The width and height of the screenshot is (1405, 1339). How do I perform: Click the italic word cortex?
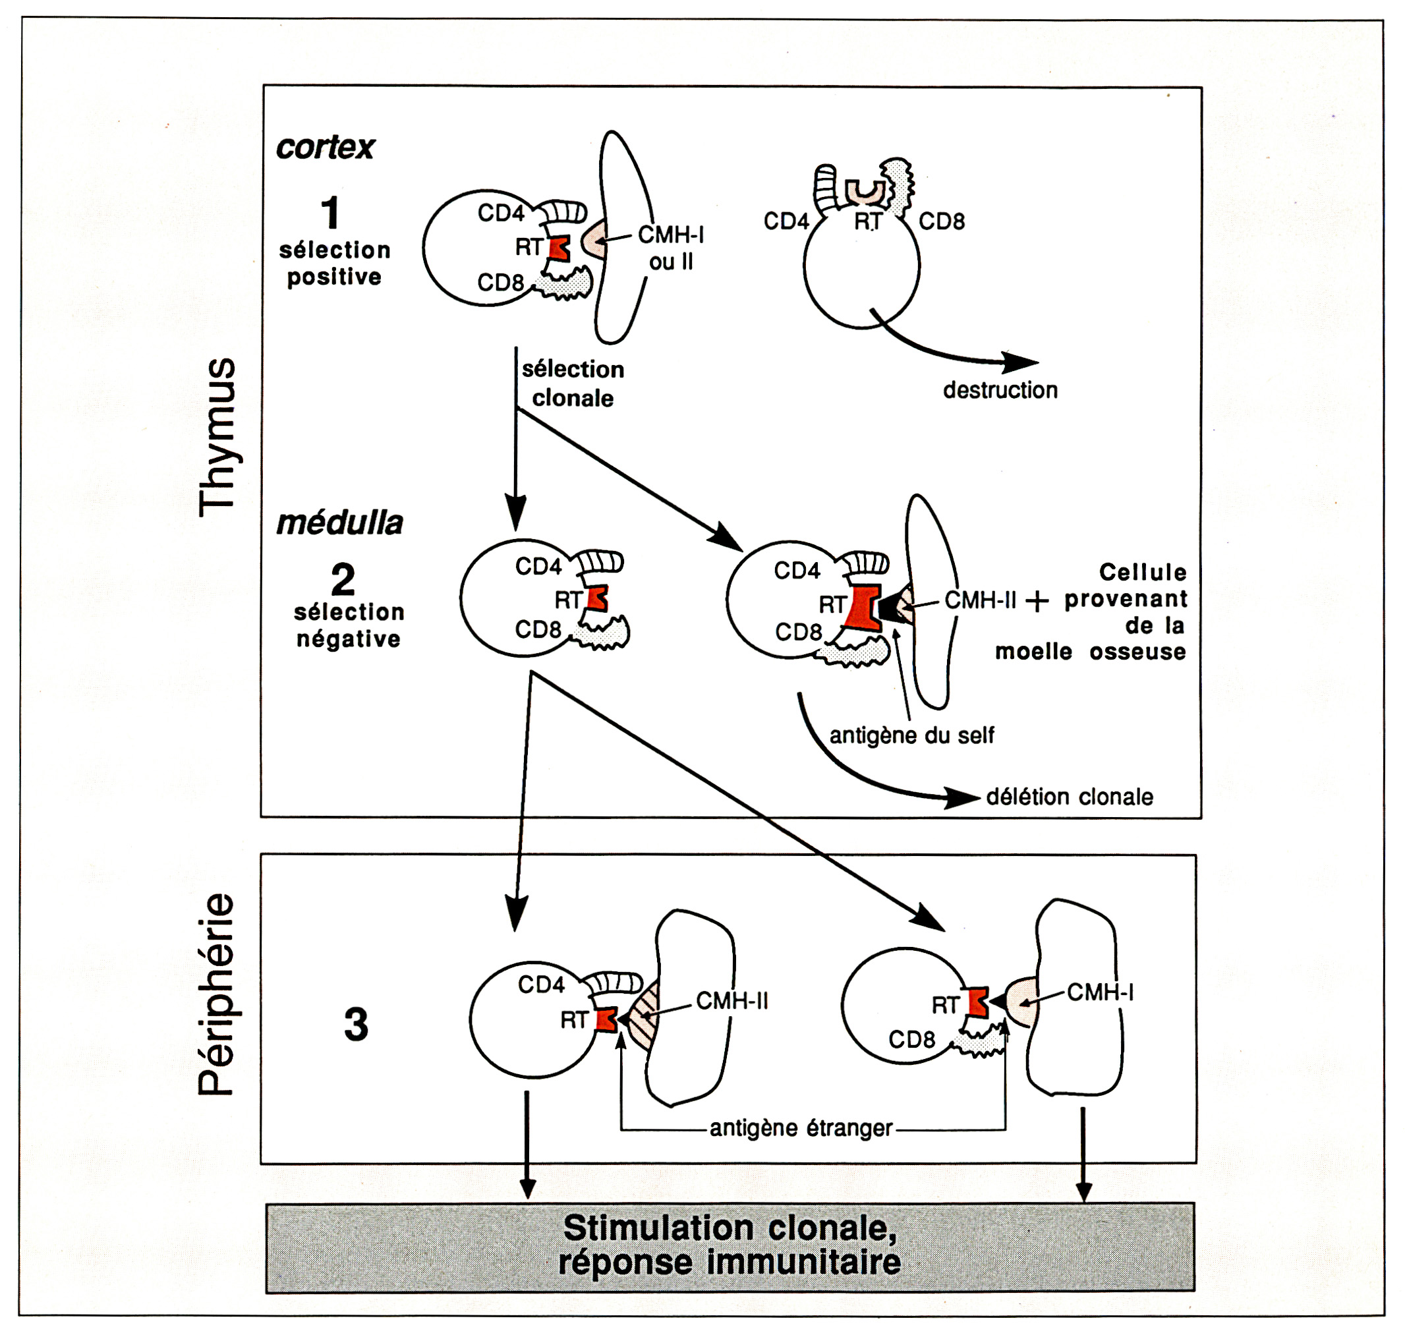325,148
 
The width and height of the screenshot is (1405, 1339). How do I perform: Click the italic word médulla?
340,523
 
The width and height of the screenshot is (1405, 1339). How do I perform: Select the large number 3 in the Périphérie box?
356,1024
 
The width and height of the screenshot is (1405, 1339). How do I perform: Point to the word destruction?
1000,390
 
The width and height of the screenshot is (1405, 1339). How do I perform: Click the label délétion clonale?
1069,797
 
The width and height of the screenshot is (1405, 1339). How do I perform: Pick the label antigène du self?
911,735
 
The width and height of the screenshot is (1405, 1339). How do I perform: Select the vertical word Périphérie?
216,994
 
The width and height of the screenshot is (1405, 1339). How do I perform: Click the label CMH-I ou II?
670,248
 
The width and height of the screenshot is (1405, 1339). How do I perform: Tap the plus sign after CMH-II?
1037,602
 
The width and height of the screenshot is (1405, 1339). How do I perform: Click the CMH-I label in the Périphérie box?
1099,992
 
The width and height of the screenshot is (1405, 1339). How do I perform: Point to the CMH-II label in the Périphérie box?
731,1001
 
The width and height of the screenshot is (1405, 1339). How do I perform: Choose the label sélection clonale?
573,384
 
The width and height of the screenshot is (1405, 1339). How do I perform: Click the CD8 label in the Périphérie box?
911,1039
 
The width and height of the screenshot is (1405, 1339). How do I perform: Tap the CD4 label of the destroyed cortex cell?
786,221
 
